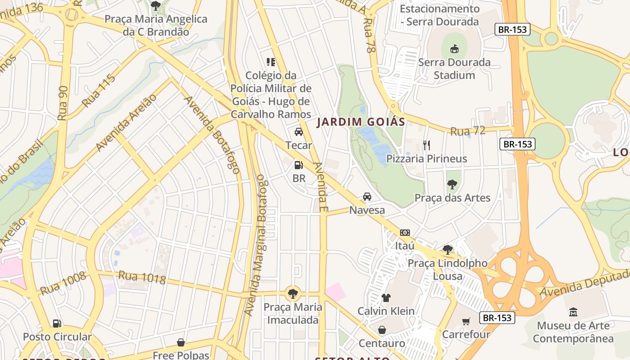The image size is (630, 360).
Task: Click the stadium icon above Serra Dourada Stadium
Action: pyautogui.click(x=454, y=48)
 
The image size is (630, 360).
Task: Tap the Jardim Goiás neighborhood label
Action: pyautogui.click(x=361, y=121)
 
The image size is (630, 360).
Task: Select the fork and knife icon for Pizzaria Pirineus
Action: pyautogui.click(x=427, y=145)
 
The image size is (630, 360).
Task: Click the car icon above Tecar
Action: pyautogui.click(x=298, y=132)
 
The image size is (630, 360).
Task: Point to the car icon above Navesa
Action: pyautogui.click(x=367, y=197)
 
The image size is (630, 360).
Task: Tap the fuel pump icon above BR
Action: pyautogui.click(x=298, y=165)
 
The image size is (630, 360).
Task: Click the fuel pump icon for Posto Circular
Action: pyautogui.click(x=57, y=323)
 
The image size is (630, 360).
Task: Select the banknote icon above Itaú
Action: pyautogui.click(x=405, y=233)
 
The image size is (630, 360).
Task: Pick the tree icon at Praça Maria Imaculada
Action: pyautogui.click(x=293, y=294)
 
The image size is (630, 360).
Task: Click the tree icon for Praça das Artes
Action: pyautogui.click(x=452, y=184)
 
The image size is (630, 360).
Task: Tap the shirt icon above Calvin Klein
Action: pyautogui.click(x=386, y=297)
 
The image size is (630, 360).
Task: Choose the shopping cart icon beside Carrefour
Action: pyautogui.click(x=466, y=321)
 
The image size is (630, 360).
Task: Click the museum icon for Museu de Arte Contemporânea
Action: pyautogui.click(x=573, y=312)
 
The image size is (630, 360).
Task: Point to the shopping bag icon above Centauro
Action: pyautogui.click(x=382, y=330)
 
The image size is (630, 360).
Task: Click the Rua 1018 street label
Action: pyautogui.click(x=142, y=278)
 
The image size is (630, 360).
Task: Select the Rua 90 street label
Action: pyautogui.click(x=63, y=103)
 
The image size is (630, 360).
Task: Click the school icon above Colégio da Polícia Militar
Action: pyautogui.click(x=270, y=62)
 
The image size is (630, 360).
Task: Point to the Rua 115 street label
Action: pyautogui.click(x=99, y=90)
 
